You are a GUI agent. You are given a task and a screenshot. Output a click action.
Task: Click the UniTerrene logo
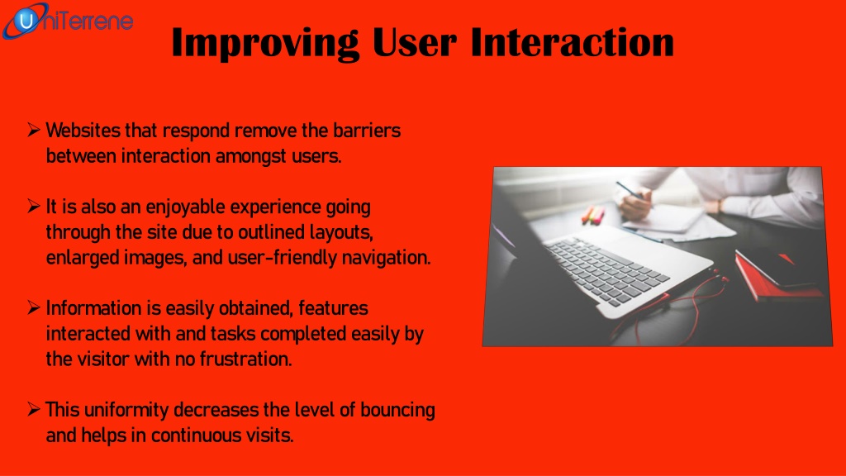click(x=67, y=21)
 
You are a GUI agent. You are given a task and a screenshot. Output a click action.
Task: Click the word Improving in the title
click(x=265, y=44)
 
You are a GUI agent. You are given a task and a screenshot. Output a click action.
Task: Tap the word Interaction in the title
click(x=572, y=42)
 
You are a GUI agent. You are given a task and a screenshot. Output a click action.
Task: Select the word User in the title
click(x=415, y=42)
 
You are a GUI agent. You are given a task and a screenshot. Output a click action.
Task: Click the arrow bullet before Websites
click(x=33, y=130)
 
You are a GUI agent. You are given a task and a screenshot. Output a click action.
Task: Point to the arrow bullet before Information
click(x=33, y=307)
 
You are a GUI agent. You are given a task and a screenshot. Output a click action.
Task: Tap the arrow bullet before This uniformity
click(x=33, y=409)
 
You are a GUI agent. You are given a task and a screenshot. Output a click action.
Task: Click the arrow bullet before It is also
click(x=33, y=206)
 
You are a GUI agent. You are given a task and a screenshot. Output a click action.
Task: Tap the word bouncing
click(x=397, y=411)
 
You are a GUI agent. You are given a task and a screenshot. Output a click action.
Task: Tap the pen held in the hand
click(x=632, y=192)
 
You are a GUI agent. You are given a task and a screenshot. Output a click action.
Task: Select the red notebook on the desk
click(x=777, y=274)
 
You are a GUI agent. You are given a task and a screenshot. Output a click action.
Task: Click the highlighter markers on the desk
click(x=593, y=215)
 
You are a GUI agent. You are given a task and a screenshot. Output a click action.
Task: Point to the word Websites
click(x=83, y=131)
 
